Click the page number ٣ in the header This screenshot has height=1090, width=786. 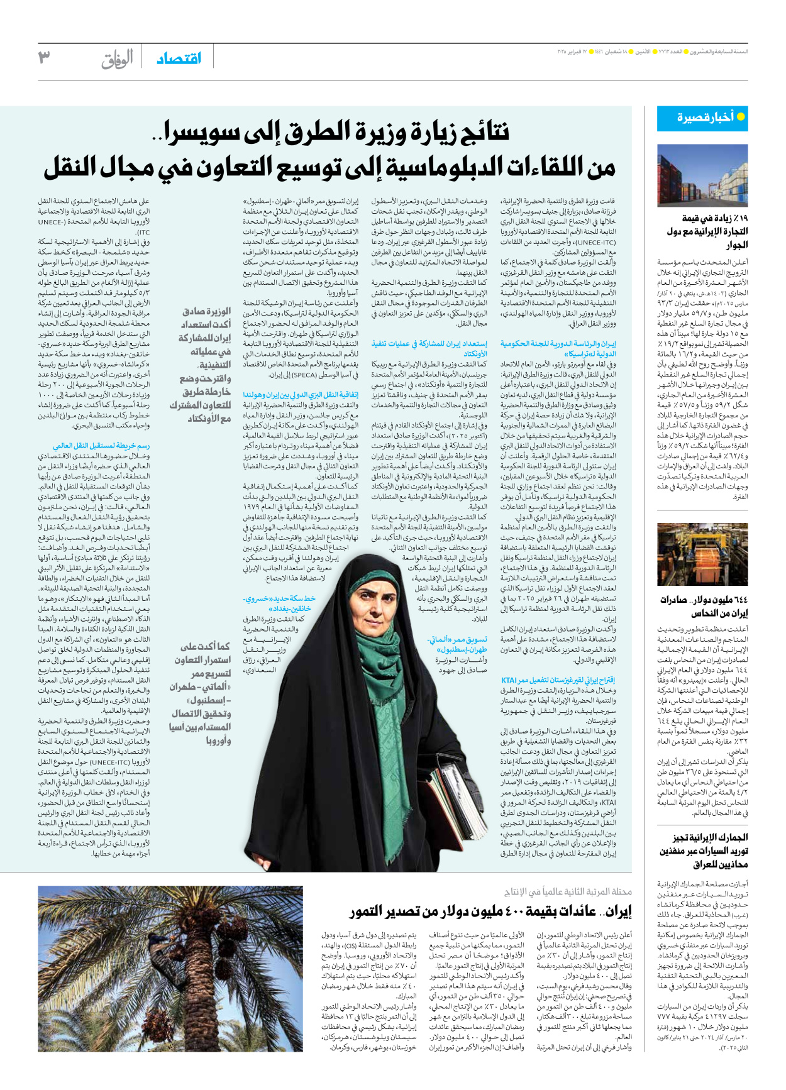[x=44, y=57]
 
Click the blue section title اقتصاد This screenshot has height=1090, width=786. [x=179, y=58]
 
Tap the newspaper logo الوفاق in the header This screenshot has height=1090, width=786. [x=117, y=59]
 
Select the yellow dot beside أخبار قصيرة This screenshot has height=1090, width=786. [x=741, y=117]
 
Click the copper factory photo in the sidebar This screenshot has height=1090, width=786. [x=702, y=554]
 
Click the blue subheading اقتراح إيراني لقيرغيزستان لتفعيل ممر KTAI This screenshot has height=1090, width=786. [x=558, y=680]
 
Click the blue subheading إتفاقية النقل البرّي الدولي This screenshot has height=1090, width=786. [x=301, y=395]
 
